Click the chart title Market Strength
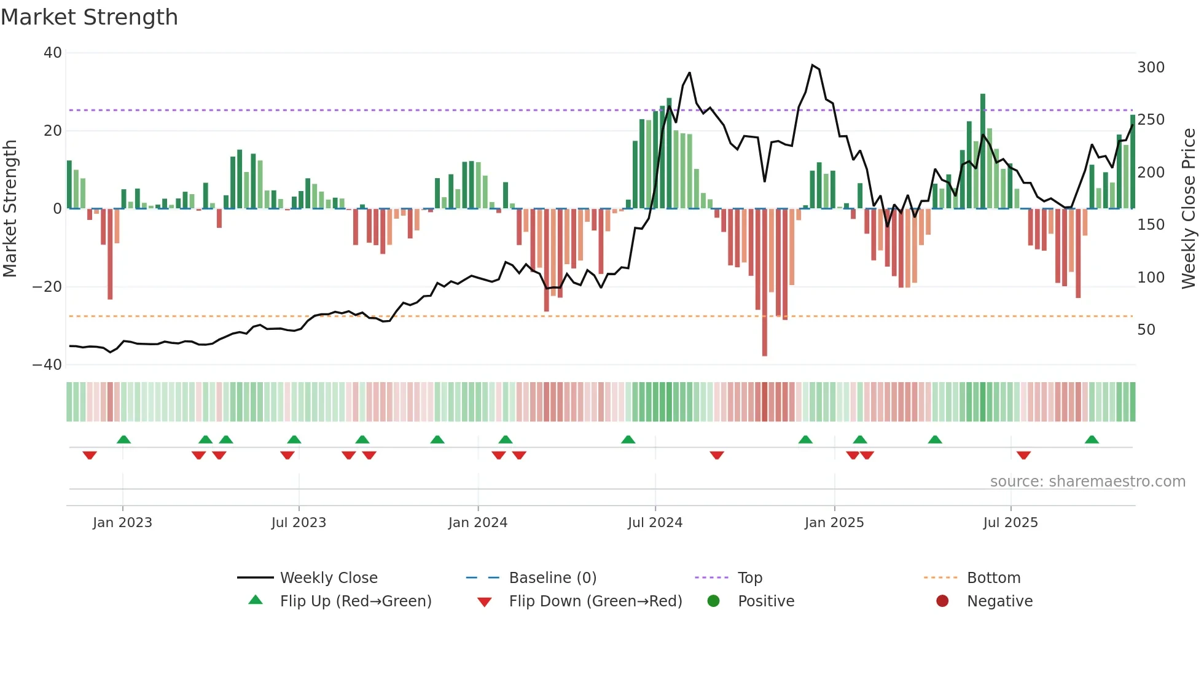tap(89, 17)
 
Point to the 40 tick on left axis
tap(53, 53)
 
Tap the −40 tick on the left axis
tap(48, 365)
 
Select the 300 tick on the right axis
tap(1151, 68)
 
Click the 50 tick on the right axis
tap(1146, 330)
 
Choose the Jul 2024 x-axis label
tap(655, 523)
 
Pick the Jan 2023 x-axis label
tap(122, 523)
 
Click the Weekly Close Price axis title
tap(1189, 209)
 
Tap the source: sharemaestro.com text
tap(1087, 482)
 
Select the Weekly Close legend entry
tap(329, 578)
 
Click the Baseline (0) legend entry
tap(552, 578)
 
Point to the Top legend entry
tap(749, 578)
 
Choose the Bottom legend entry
tap(993, 578)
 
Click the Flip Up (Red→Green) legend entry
tap(355, 601)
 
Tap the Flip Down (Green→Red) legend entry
tap(595, 601)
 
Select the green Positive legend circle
tap(713, 601)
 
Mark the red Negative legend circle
tap(942, 601)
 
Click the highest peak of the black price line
tap(813, 65)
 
